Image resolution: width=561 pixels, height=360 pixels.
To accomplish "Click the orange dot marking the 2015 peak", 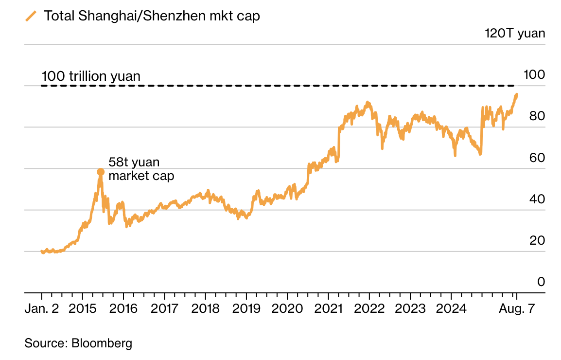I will pos(101,172).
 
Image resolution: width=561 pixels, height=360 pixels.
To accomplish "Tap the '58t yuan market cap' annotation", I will pos(141,169).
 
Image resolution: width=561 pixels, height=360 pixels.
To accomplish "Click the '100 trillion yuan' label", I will pos(91,76).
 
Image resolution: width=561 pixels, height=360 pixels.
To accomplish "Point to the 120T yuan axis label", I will pos(515,34).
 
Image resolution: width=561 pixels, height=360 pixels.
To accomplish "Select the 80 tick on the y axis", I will pos(533,116).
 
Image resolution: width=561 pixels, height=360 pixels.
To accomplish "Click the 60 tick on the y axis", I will pos(533,158).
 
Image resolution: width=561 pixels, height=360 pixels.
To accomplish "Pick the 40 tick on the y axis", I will pos(533,199).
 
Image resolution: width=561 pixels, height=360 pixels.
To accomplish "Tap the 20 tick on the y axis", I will pos(533,240).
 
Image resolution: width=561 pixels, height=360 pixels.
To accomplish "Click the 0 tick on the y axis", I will pos(540,282).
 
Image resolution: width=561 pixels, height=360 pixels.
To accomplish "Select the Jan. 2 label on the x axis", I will pos(41,309).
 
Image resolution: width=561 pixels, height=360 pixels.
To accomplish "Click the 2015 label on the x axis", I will pos(83,309).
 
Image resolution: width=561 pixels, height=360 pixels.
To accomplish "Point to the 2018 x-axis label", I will pos(205,309).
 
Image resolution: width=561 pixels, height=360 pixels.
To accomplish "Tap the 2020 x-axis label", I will pos(287,309).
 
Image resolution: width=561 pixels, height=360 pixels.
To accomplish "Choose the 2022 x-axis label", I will pos(369,309).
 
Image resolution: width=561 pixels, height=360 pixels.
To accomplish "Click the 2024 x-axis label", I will pos(451,309).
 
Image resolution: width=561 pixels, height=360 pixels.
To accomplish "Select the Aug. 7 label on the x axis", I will pos(517,309).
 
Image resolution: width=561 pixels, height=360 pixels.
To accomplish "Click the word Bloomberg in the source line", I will pos(102,343).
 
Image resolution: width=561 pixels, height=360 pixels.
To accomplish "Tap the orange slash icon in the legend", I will pos(31,16).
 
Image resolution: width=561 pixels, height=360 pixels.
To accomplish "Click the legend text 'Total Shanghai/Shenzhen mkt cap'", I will pos(152,16).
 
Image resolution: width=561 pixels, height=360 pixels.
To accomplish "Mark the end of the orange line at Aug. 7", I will pos(516,94).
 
